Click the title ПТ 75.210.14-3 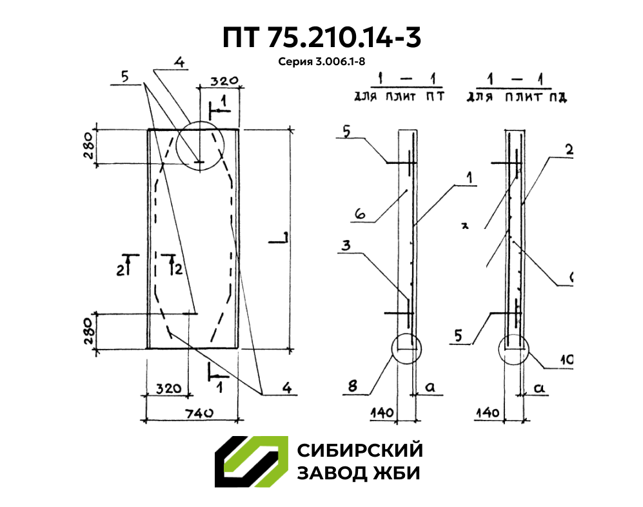(321, 37)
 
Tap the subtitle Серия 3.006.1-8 (321, 62)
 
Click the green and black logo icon (251, 462)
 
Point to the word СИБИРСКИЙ (359, 450)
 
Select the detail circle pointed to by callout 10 (513, 350)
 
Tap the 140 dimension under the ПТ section (381, 410)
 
